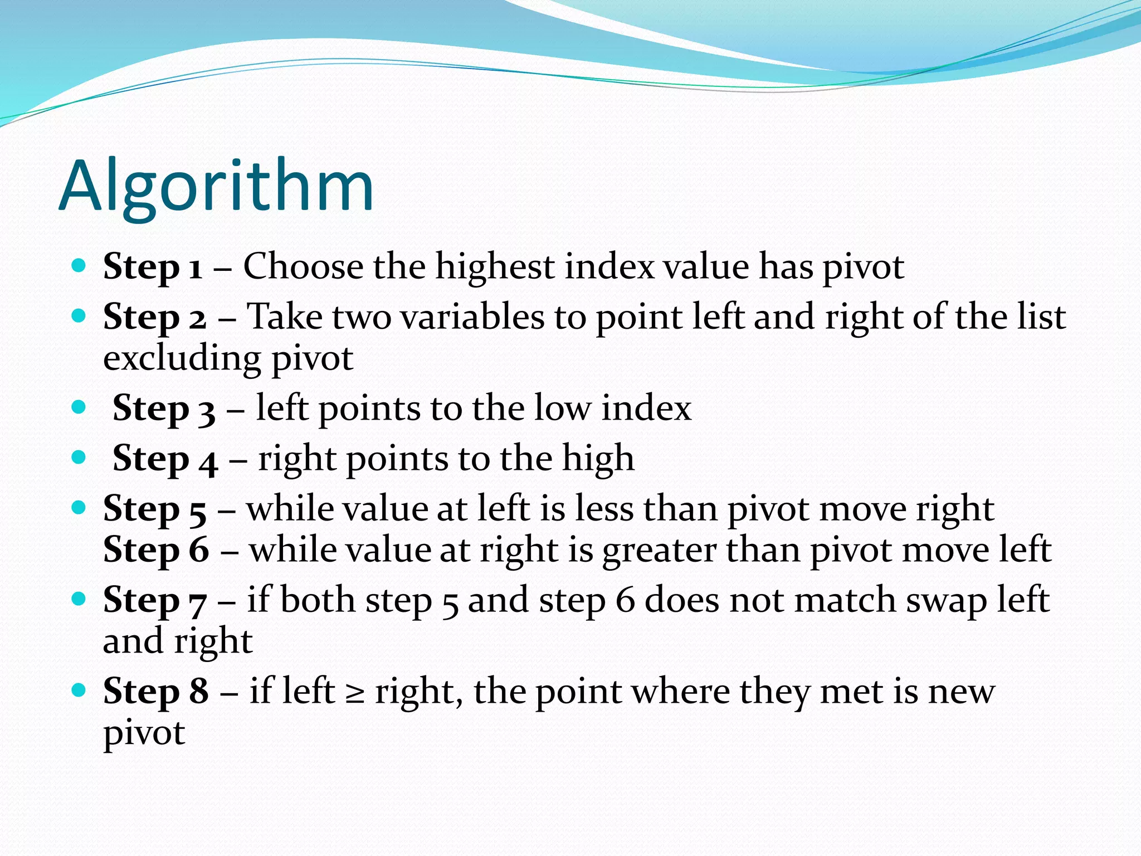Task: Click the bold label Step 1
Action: coord(152,267)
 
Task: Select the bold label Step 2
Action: coord(154,317)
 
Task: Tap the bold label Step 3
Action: coord(164,408)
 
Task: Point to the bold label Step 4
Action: coord(165,459)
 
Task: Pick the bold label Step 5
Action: coord(154,509)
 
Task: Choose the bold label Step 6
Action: coord(156,550)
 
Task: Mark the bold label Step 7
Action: coord(154,601)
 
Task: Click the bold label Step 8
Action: coord(156,692)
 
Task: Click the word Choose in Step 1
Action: coord(303,266)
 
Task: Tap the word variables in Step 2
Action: coord(472,317)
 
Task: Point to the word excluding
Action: coord(182,359)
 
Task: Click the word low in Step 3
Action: coord(562,408)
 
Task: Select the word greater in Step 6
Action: coord(660,551)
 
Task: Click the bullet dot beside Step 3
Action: coord(79,407)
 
